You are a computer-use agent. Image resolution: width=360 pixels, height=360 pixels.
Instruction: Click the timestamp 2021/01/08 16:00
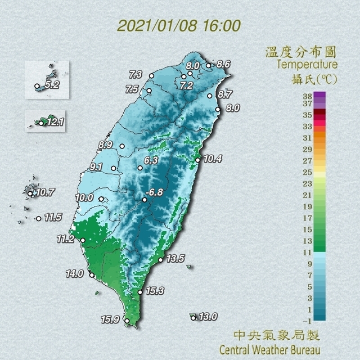pyautogui.click(x=179, y=26)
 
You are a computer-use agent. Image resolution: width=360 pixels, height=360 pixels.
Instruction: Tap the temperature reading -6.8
pyautogui.click(x=155, y=192)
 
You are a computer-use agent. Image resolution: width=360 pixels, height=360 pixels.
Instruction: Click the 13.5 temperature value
pyautogui.click(x=176, y=259)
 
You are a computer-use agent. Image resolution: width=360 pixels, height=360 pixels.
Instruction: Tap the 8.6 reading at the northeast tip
pyautogui.click(x=223, y=65)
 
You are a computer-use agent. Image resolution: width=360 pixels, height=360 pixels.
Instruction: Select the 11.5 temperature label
pyautogui.click(x=53, y=217)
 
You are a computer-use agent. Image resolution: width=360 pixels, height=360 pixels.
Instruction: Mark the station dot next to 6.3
pyautogui.click(x=140, y=168)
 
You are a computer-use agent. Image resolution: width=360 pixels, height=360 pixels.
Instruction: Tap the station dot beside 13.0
pyautogui.click(x=193, y=318)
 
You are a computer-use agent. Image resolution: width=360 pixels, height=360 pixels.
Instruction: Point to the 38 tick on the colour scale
pyautogui.click(x=307, y=95)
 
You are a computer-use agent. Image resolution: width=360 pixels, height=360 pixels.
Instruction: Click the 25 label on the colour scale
pyautogui.click(x=307, y=172)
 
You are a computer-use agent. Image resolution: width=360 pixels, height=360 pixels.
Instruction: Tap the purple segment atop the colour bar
pyautogui.click(x=319, y=98)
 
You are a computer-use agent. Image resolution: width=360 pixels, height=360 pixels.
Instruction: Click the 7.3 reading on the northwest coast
pyautogui.click(x=136, y=74)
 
